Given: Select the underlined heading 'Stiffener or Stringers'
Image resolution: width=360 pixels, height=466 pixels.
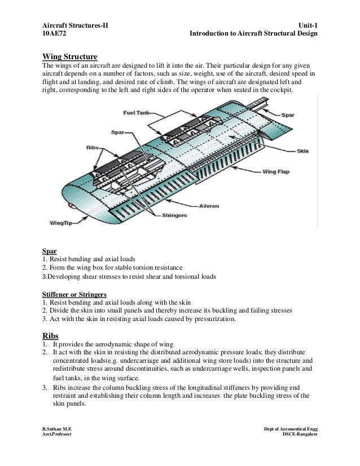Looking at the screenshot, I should tap(74, 294).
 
